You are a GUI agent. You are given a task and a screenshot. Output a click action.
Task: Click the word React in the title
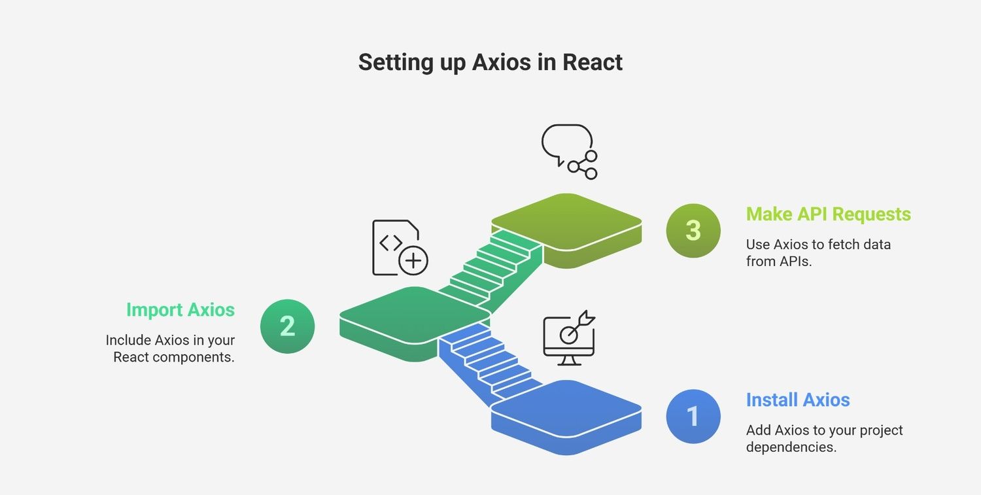592,62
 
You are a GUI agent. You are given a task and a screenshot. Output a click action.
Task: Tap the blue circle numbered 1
693,416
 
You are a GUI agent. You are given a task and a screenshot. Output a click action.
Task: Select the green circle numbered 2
287,326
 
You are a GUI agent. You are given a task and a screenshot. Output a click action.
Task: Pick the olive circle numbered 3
693,230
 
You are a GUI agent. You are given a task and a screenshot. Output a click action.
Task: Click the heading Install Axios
798,400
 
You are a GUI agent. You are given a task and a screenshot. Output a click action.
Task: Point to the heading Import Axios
181,310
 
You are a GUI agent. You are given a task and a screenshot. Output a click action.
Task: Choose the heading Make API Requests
829,214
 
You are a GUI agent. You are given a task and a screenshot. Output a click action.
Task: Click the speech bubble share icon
570,152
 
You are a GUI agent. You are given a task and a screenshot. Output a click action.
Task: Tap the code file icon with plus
400,247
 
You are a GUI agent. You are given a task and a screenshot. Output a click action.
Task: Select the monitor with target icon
569,338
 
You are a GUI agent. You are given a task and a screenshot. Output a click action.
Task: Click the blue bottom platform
566,417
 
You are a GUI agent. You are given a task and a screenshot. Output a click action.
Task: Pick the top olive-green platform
566,231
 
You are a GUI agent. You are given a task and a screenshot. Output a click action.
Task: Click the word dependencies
791,447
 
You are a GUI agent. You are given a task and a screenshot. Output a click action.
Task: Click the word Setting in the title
396,63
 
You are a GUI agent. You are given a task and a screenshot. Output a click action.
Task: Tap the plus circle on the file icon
413,261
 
